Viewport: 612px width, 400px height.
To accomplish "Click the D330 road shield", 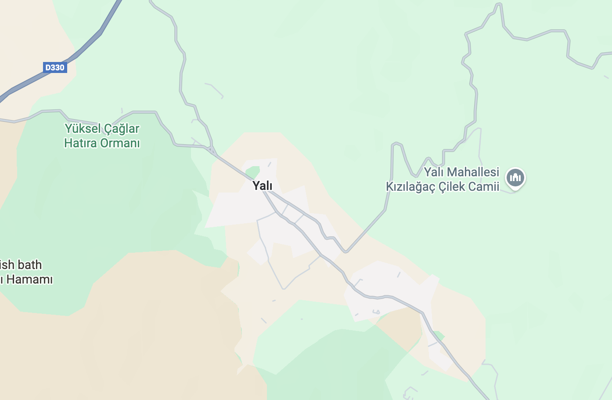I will pyautogui.click(x=55, y=68).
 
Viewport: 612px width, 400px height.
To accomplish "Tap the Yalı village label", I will pyautogui.click(x=263, y=186).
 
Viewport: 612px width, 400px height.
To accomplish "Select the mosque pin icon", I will pyautogui.click(x=515, y=178).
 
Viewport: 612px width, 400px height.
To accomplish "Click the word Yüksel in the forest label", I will pyautogui.click(x=83, y=129).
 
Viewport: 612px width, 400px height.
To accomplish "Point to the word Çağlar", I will pyautogui.click(x=122, y=129).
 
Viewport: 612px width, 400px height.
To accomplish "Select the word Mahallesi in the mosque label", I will pyautogui.click(x=474, y=172).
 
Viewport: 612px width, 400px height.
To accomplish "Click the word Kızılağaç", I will pyautogui.click(x=410, y=187).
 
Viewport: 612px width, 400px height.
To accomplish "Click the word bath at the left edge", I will pyautogui.click(x=30, y=265).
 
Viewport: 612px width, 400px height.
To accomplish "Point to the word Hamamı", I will pyautogui.click(x=30, y=280).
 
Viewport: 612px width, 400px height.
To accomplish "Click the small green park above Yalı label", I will pyautogui.click(x=253, y=172).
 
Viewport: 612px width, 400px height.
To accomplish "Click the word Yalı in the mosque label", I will pyautogui.click(x=434, y=172).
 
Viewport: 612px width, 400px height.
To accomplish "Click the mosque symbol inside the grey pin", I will pyautogui.click(x=515, y=178).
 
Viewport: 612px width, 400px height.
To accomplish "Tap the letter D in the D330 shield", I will pyautogui.click(x=48, y=68).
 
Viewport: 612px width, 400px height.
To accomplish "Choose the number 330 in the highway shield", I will pyautogui.click(x=58, y=68).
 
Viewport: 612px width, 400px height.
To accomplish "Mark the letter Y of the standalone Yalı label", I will pyautogui.click(x=256, y=186).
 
